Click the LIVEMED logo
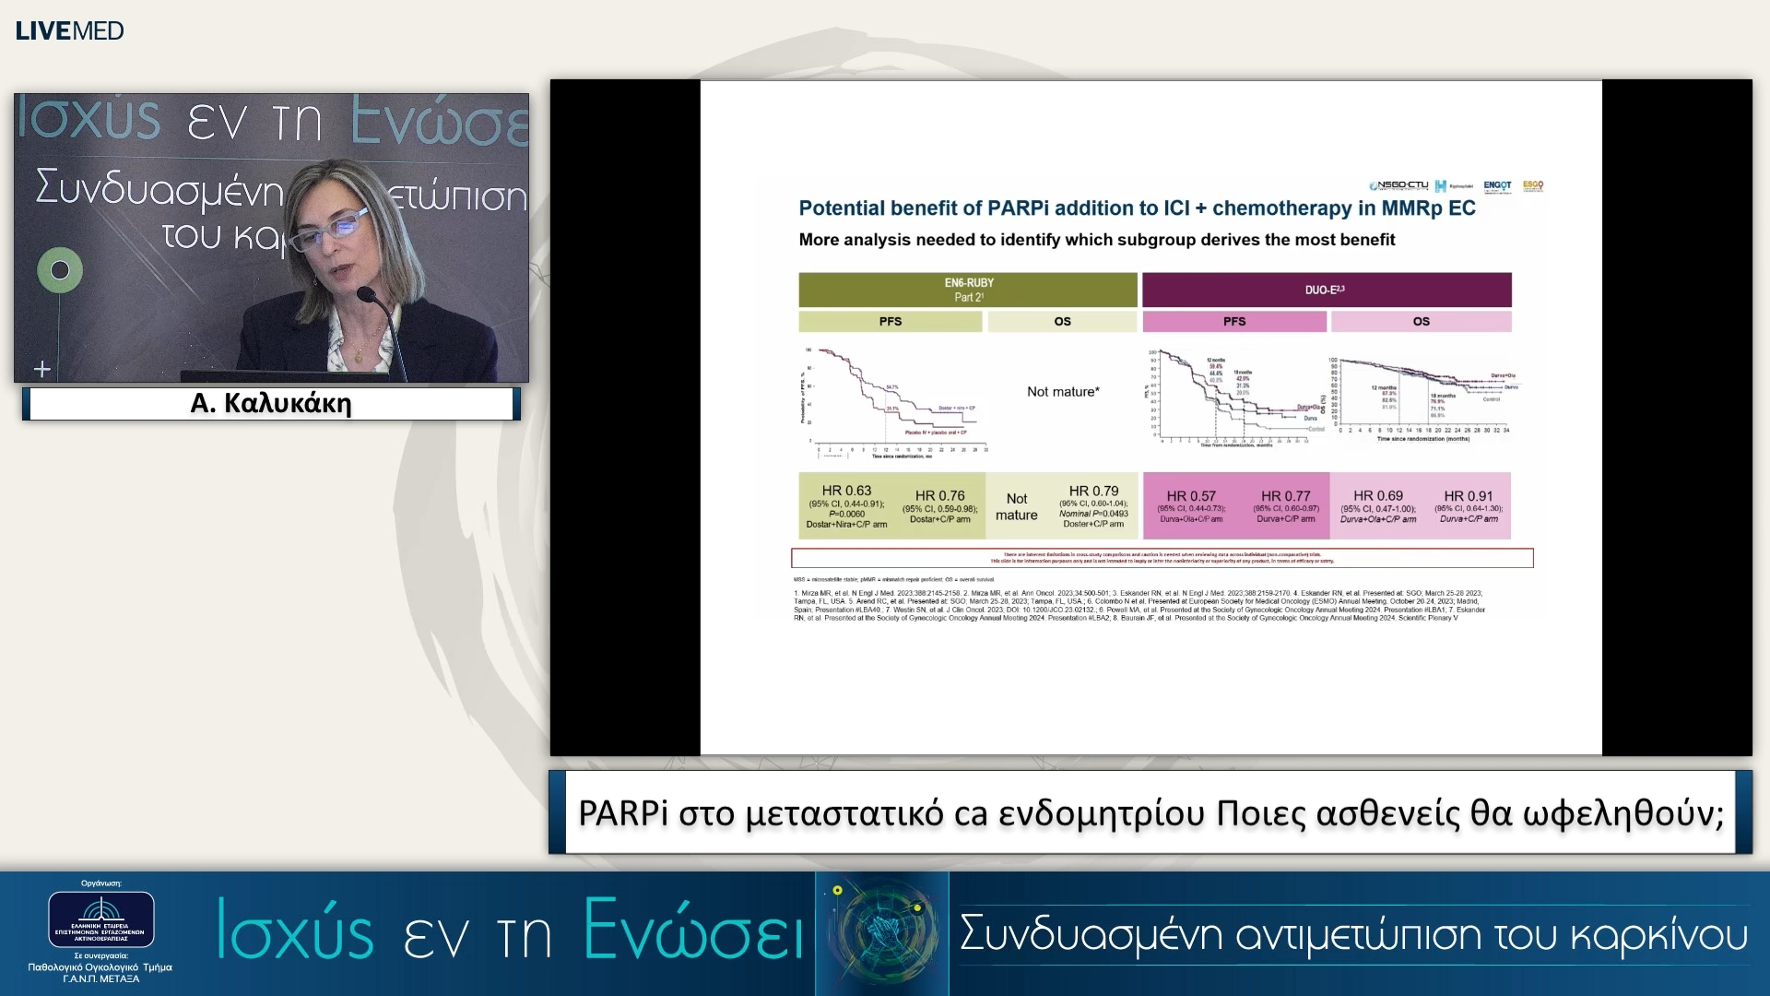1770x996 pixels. [69, 30]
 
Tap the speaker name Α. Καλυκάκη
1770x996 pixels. [270, 404]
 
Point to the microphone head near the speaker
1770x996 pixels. [367, 296]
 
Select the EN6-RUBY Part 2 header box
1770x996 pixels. [967, 290]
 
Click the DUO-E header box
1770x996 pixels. [1326, 290]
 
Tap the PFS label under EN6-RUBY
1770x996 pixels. [890, 322]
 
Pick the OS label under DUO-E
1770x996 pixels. [1421, 322]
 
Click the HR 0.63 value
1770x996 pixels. [846, 491]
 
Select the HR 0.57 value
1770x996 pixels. [1190, 496]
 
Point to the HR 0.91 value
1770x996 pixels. [1468, 496]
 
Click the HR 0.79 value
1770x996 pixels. [1093, 492]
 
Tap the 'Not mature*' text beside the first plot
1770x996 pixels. [1062, 392]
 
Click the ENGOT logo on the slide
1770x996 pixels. [1497, 185]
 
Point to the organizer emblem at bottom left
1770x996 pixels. [100, 919]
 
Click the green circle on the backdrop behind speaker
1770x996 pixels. [60, 270]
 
